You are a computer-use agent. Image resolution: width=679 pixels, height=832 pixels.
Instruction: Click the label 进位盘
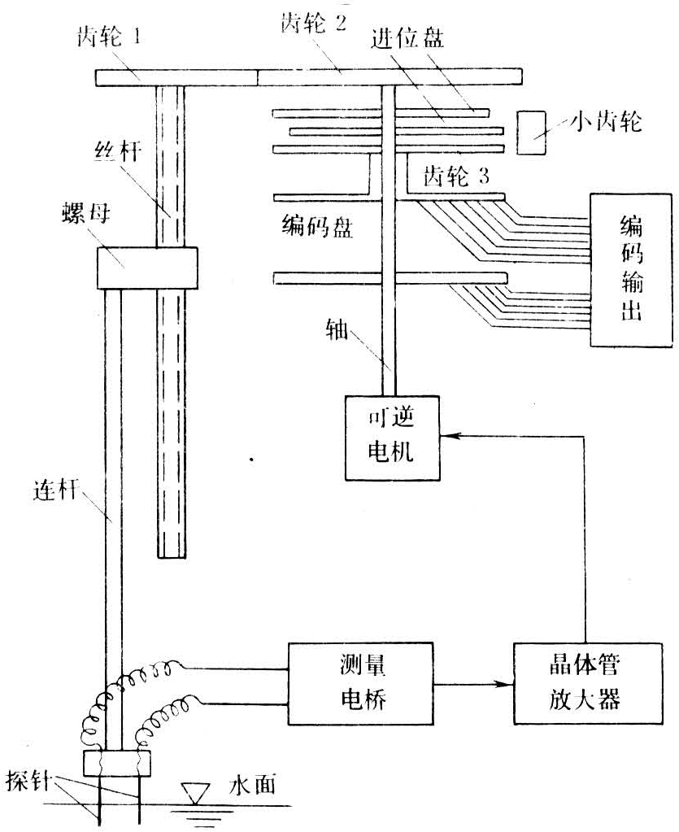click(409, 39)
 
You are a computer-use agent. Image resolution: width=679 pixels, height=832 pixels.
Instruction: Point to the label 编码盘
click(316, 227)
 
